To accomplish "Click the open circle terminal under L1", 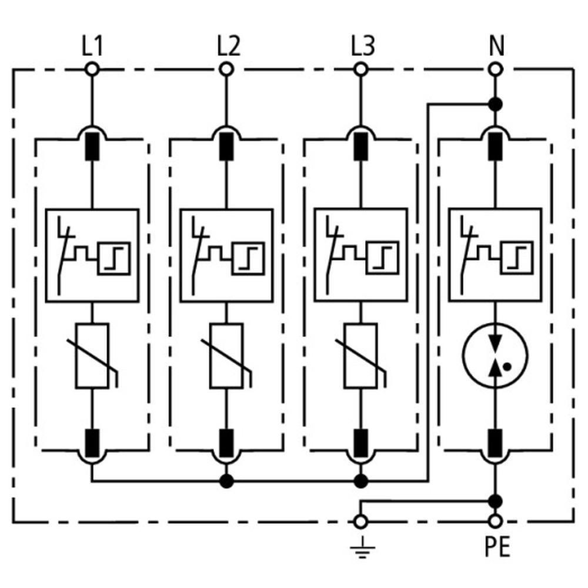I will pyautogui.click(x=92, y=69).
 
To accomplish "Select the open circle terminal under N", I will pyautogui.click(x=496, y=69).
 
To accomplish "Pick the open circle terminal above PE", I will pyautogui.click(x=496, y=521).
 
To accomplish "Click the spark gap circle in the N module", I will pyautogui.click(x=496, y=356).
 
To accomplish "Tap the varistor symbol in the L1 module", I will pyautogui.click(x=93, y=356).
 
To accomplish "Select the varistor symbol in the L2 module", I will pyautogui.click(x=227, y=356).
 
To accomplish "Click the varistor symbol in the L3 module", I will pyautogui.click(x=361, y=356).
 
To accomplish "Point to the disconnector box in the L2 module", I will pyautogui.click(x=226, y=255).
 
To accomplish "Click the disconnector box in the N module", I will pyautogui.click(x=495, y=255).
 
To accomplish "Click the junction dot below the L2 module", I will pyautogui.click(x=226, y=481).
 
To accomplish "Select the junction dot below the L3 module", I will pyautogui.click(x=361, y=481).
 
